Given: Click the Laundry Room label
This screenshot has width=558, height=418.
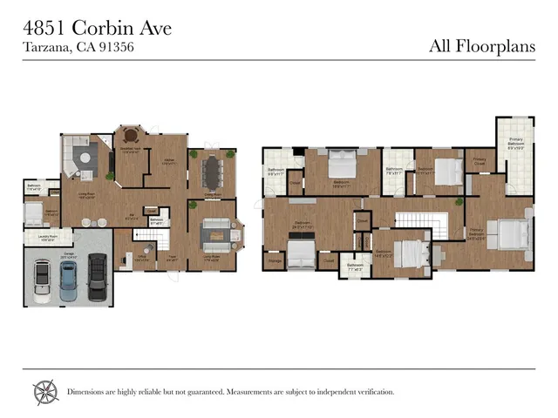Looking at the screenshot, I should coord(48,236).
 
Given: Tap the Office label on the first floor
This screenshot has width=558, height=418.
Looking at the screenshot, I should coord(141,256).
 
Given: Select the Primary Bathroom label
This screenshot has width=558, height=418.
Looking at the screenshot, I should coord(516,145).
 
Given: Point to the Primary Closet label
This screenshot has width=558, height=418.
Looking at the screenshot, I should coord(480,160).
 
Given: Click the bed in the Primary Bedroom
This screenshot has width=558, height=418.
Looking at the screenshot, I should coord(512,233).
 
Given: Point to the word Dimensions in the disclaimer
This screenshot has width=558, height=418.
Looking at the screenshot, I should coord(90,392).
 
